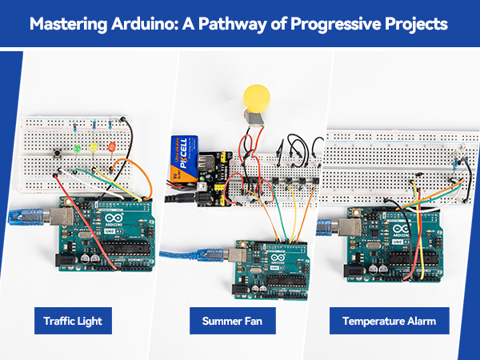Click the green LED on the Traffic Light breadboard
77,148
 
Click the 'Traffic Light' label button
73,322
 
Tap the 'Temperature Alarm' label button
390,322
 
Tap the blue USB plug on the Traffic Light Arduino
22,216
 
